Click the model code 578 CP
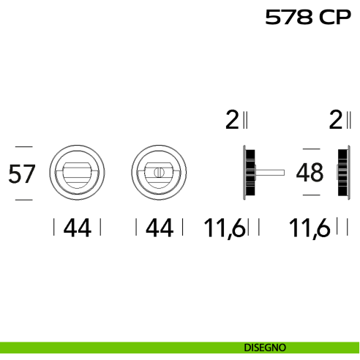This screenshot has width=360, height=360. [x=308, y=17]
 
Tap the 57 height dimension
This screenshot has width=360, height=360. [x=22, y=173]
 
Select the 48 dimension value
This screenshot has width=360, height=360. [x=310, y=172]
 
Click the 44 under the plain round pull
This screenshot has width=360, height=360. [x=78, y=228]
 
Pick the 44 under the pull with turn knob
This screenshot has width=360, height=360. [x=160, y=228]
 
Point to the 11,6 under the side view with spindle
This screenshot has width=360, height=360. [x=224, y=228]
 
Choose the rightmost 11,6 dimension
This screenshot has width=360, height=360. [x=309, y=228]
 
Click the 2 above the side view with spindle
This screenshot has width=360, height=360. [x=232, y=119]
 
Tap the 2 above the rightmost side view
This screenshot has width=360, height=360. [x=336, y=119]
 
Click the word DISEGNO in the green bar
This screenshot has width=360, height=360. [x=265, y=348]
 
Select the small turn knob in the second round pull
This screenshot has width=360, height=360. [x=159, y=172]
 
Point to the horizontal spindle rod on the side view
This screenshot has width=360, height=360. [x=270, y=173]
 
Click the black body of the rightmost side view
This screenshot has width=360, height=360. [x=342, y=173]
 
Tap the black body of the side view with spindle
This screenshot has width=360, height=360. [x=250, y=173]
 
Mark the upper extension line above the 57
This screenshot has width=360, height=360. [x=24, y=146]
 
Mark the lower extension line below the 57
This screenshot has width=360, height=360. [x=24, y=200]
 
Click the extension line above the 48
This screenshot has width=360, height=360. [x=312, y=149]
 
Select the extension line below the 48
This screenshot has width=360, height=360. [x=312, y=195]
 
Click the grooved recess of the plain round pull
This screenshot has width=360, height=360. [x=77, y=177]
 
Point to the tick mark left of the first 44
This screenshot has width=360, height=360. [x=54, y=227]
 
